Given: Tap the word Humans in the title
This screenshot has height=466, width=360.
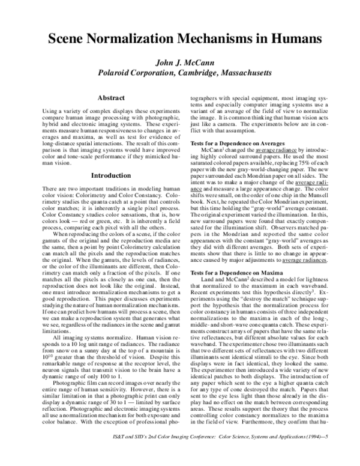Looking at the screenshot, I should [289, 40].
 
